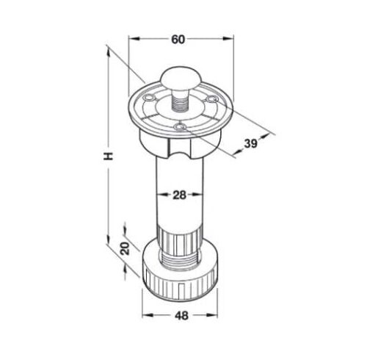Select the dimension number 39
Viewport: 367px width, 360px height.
[x=250, y=145]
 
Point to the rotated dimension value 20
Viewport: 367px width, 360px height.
[x=125, y=248]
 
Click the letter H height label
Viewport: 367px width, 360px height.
[x=107, y=156]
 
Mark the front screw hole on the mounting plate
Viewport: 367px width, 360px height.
[x=181, y=129]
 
